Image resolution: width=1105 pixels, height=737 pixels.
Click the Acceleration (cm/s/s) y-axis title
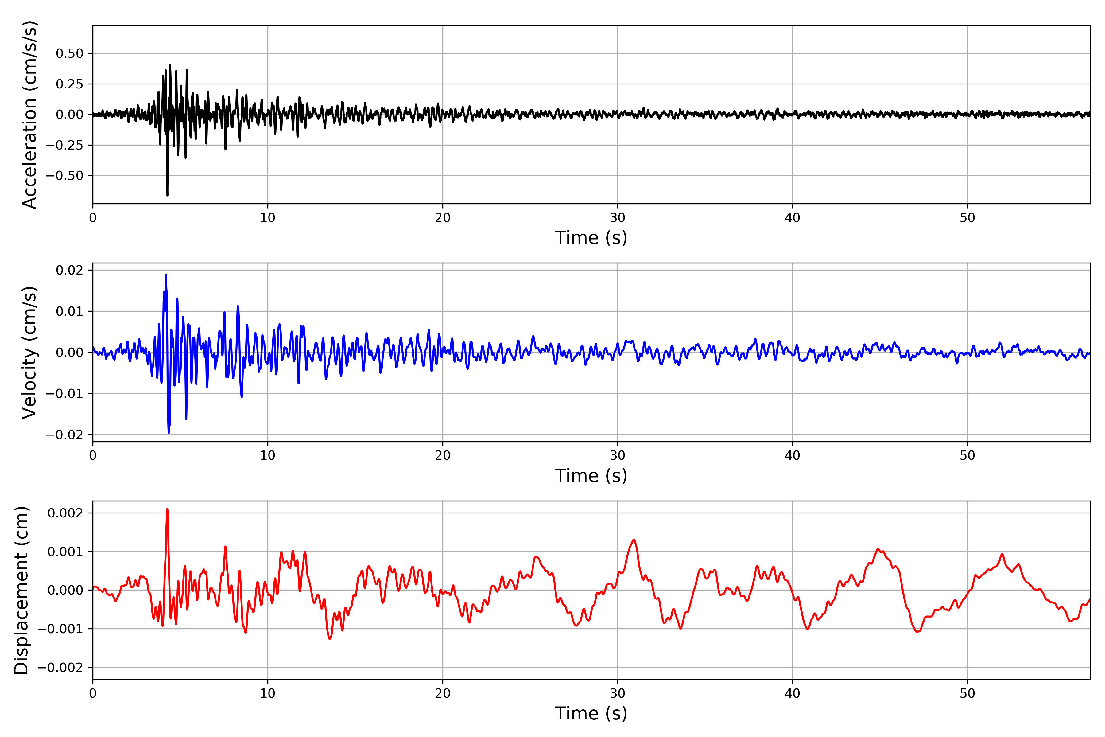(x=29, y=115)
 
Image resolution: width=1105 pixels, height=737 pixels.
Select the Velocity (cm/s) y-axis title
(x=29, y=353)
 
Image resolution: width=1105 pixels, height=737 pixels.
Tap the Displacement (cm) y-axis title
(x=21, y=590)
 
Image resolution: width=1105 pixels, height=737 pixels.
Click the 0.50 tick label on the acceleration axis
(x=70, y=53)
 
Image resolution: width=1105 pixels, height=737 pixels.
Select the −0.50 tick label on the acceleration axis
(x=64, y=176)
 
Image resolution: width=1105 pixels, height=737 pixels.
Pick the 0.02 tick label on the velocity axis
(x=70, y=270)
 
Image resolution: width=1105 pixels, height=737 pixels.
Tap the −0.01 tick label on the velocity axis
(x=64, y=393)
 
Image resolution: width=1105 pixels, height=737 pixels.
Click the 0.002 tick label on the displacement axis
(x=65, y=513)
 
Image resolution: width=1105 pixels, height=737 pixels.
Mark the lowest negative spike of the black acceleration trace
(x=167, y=195)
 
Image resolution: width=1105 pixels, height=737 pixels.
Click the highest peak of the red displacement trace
(x=167, y=509)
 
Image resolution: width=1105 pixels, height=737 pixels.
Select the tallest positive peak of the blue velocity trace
(x=166, y=275)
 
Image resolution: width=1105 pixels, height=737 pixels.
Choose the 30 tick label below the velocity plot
(x=617, y=455)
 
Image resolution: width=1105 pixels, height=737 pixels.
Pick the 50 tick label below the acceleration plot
(x=967, y=218)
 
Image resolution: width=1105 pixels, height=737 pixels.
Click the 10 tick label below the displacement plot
(x=268, y=693)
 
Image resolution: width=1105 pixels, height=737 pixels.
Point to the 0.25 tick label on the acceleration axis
(x=70, y=84)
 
